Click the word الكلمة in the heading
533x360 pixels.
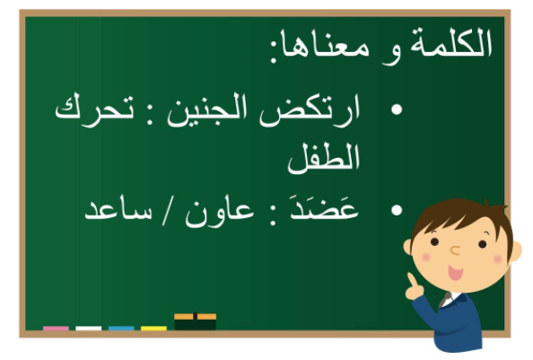[450, 43]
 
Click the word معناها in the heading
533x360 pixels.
[318, 46]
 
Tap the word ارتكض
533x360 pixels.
[309, 110]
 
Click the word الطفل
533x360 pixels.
[324, 159]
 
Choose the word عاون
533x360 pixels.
[219, 211]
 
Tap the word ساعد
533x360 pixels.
[118, 210]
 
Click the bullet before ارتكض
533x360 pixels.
[397, 110]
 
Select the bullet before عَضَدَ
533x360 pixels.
[397, 210]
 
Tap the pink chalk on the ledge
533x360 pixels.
[56, 328]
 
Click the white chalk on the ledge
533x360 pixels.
[88, 328]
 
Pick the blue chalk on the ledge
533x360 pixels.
[121, 328]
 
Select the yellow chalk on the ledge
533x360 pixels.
[153, 328]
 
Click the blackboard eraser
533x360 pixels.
[195, 321]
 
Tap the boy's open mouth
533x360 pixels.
[455, 272]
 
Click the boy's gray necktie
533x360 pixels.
[445, 300]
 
